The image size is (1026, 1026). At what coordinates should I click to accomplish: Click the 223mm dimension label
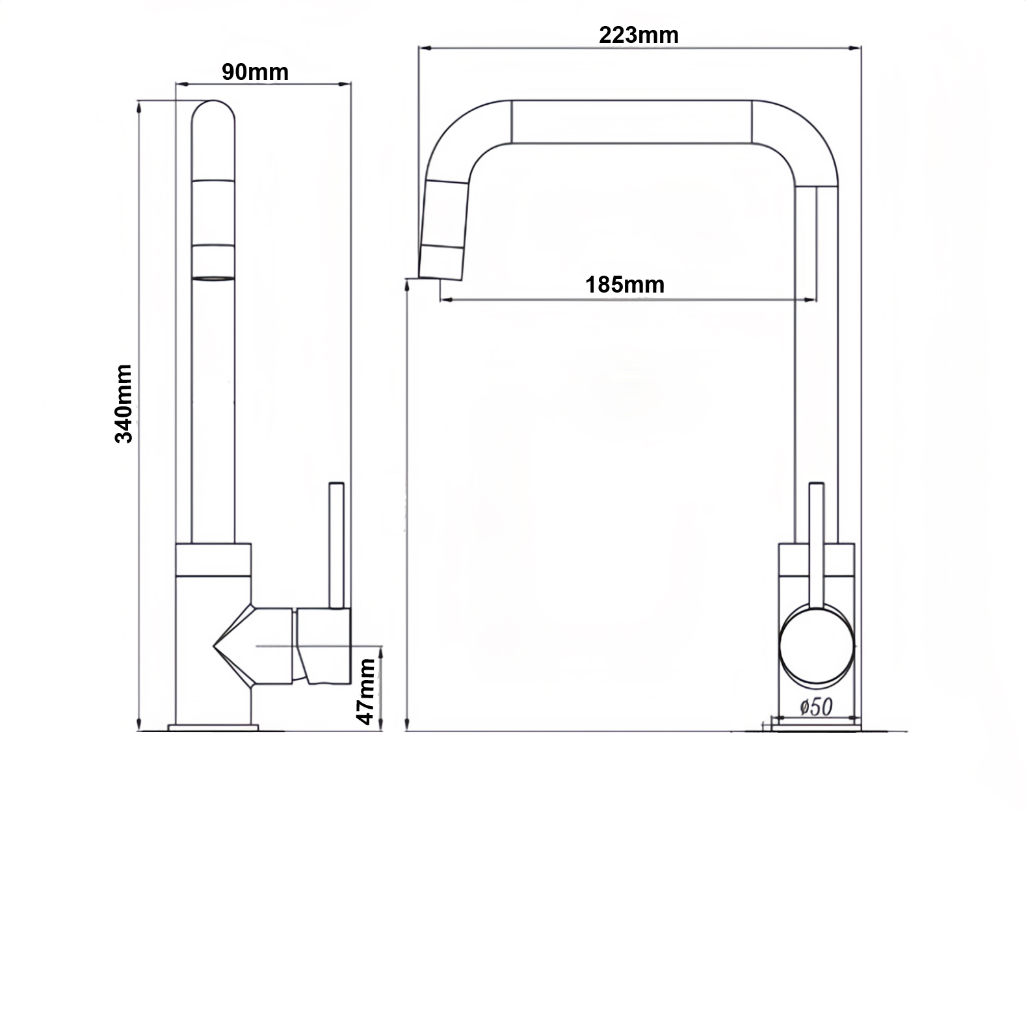coord(638,34)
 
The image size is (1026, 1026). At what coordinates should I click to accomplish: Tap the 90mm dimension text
coord(255,72)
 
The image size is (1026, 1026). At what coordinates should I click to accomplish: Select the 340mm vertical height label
coord(123,403)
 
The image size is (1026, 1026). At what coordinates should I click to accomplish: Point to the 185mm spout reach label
coord(625,285)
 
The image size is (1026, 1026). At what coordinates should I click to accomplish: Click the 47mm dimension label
coord(366,691)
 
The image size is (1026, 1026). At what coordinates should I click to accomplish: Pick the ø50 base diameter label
coord(815,706)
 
